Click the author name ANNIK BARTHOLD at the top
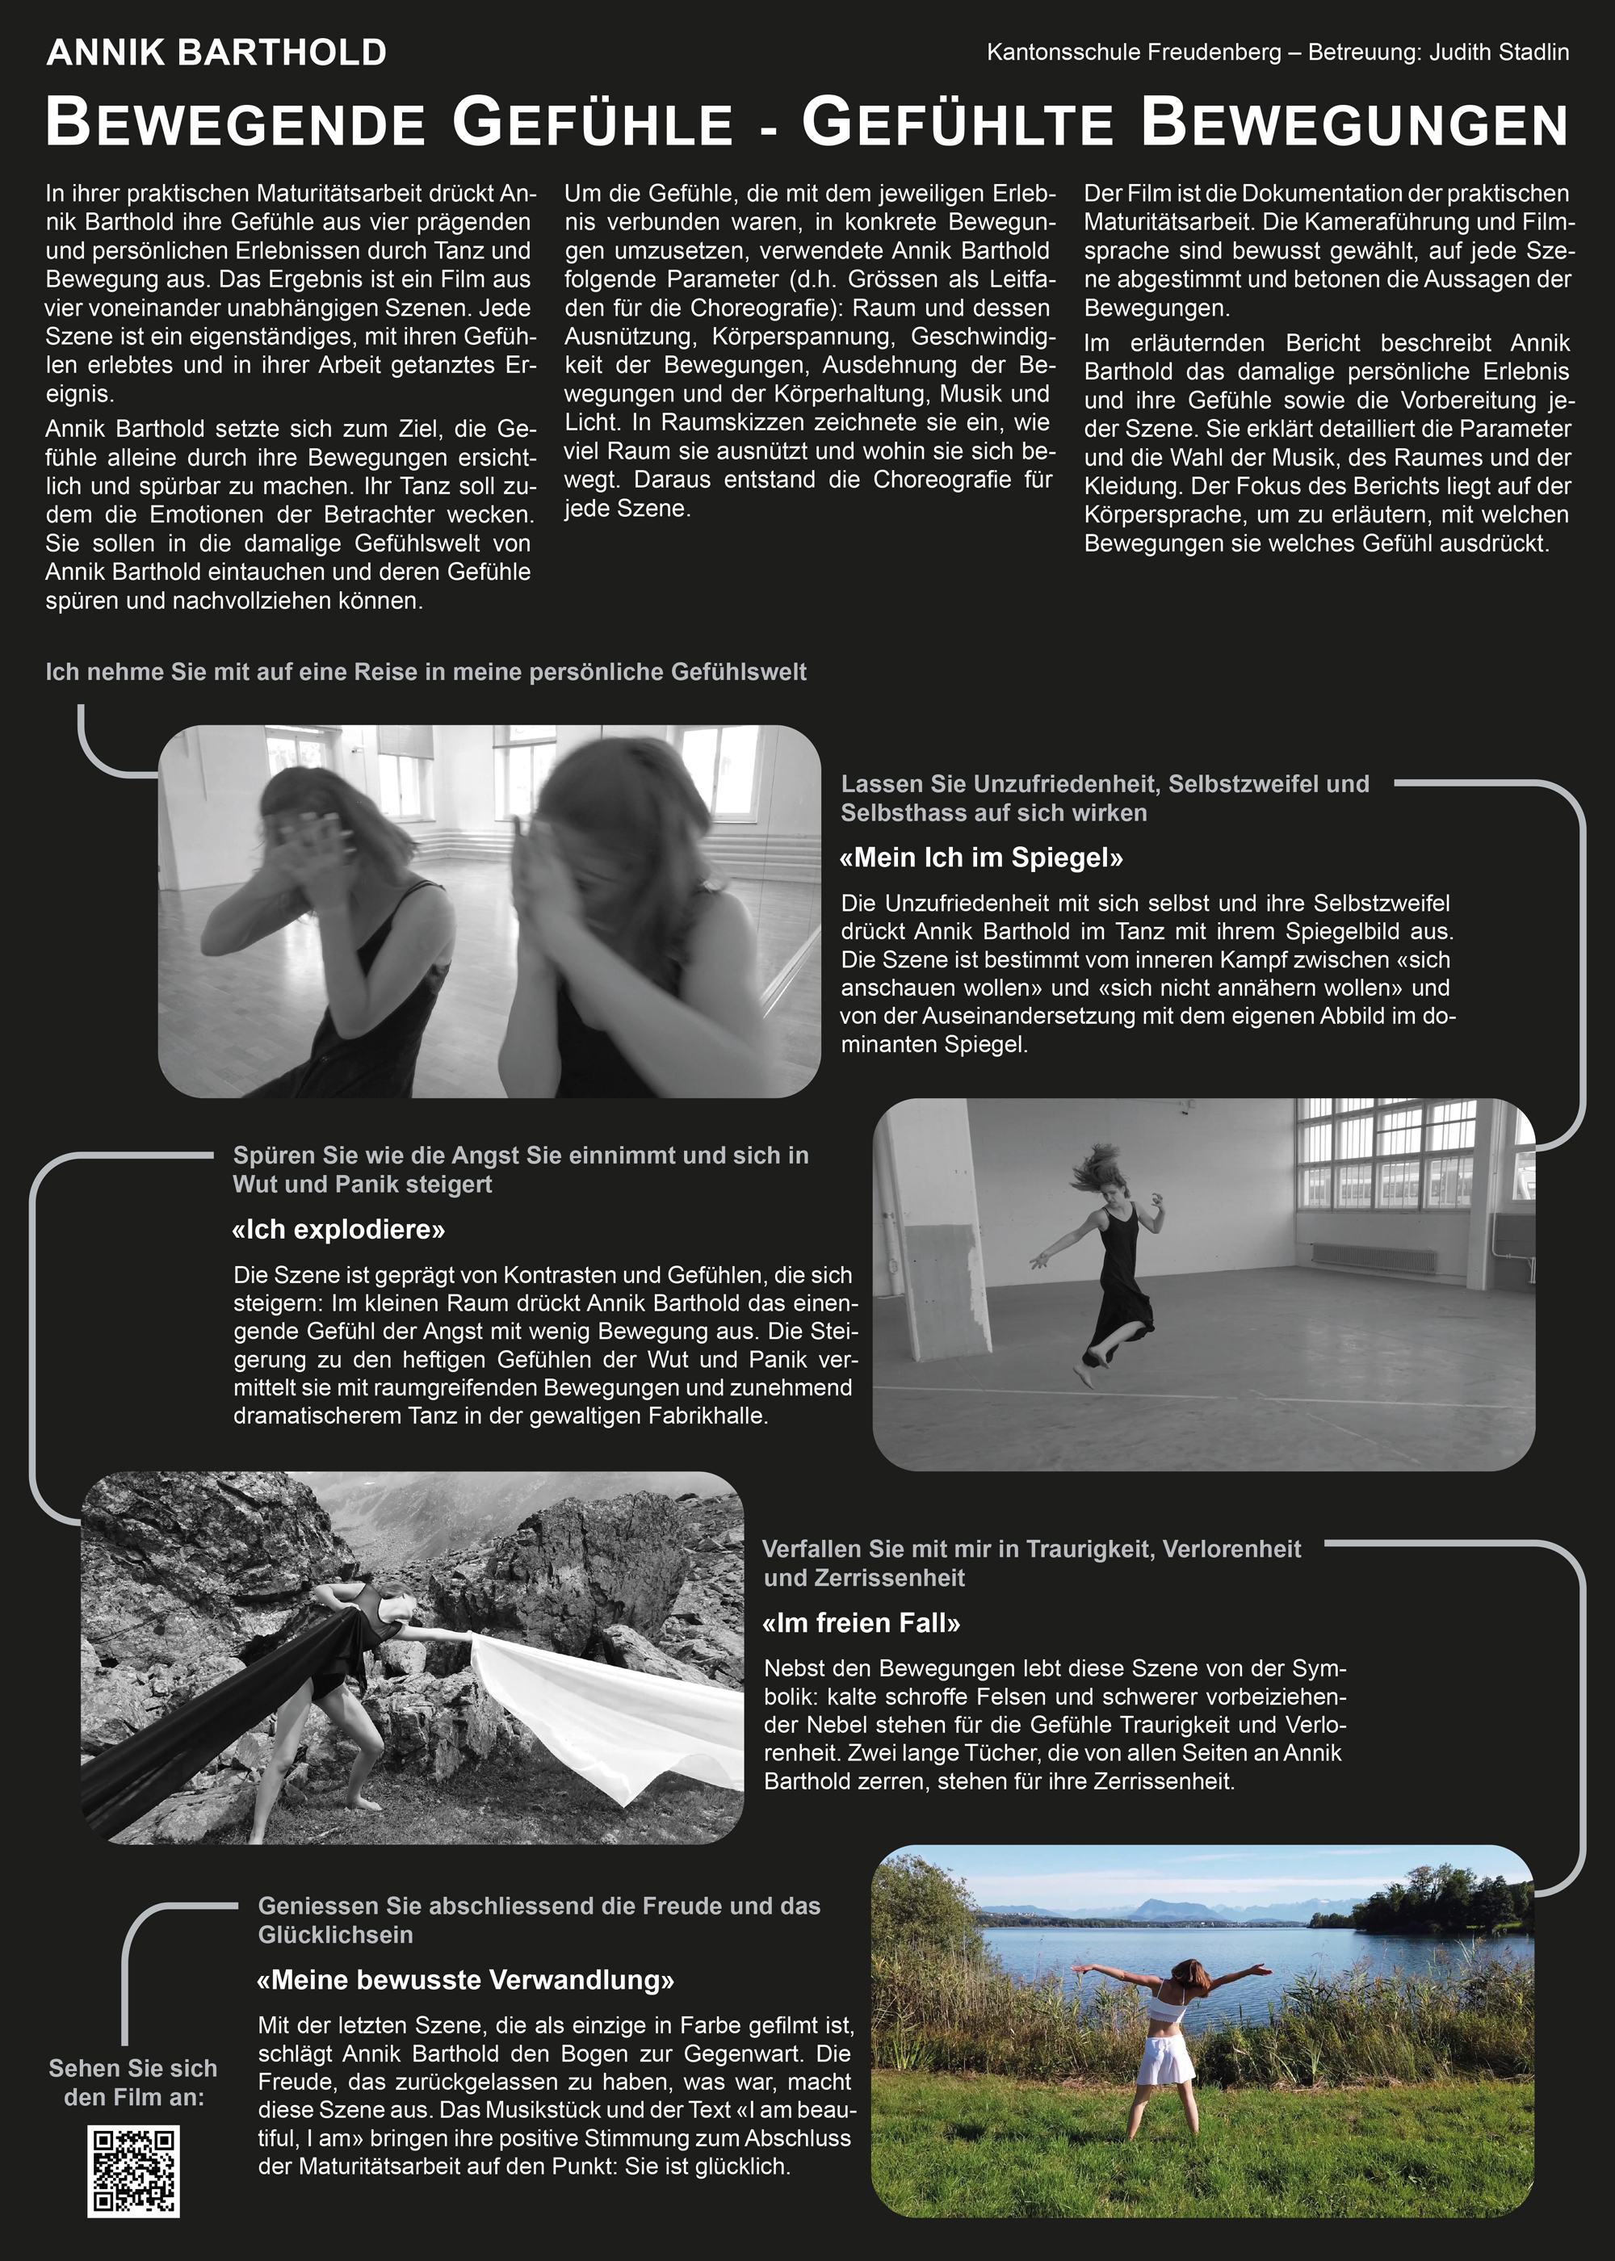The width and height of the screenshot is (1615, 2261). pos(216,52)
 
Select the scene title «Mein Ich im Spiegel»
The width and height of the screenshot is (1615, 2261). pos(982,857)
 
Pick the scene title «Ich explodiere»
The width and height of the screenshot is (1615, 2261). pos(338,1229)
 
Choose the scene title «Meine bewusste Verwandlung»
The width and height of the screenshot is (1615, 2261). pos(465,1980)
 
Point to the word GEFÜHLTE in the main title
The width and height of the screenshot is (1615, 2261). pos(957,124)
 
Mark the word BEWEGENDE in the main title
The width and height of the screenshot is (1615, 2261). pos(236,124)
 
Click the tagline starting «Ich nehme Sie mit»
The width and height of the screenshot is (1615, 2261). pos(426,672)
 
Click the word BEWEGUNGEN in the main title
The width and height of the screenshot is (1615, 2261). pos(1353,124)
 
